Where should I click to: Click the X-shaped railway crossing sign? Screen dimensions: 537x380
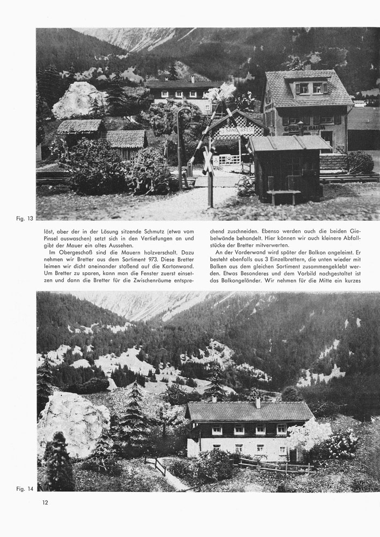point(208,159)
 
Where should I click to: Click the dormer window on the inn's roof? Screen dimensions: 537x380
point(311,88)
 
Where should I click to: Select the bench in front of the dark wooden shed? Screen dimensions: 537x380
point(283,194)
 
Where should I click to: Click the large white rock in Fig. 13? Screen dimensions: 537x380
point(79,100)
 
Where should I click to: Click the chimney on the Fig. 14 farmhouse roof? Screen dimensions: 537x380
point(257,402)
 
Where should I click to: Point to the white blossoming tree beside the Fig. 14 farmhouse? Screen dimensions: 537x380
point(310,433)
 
